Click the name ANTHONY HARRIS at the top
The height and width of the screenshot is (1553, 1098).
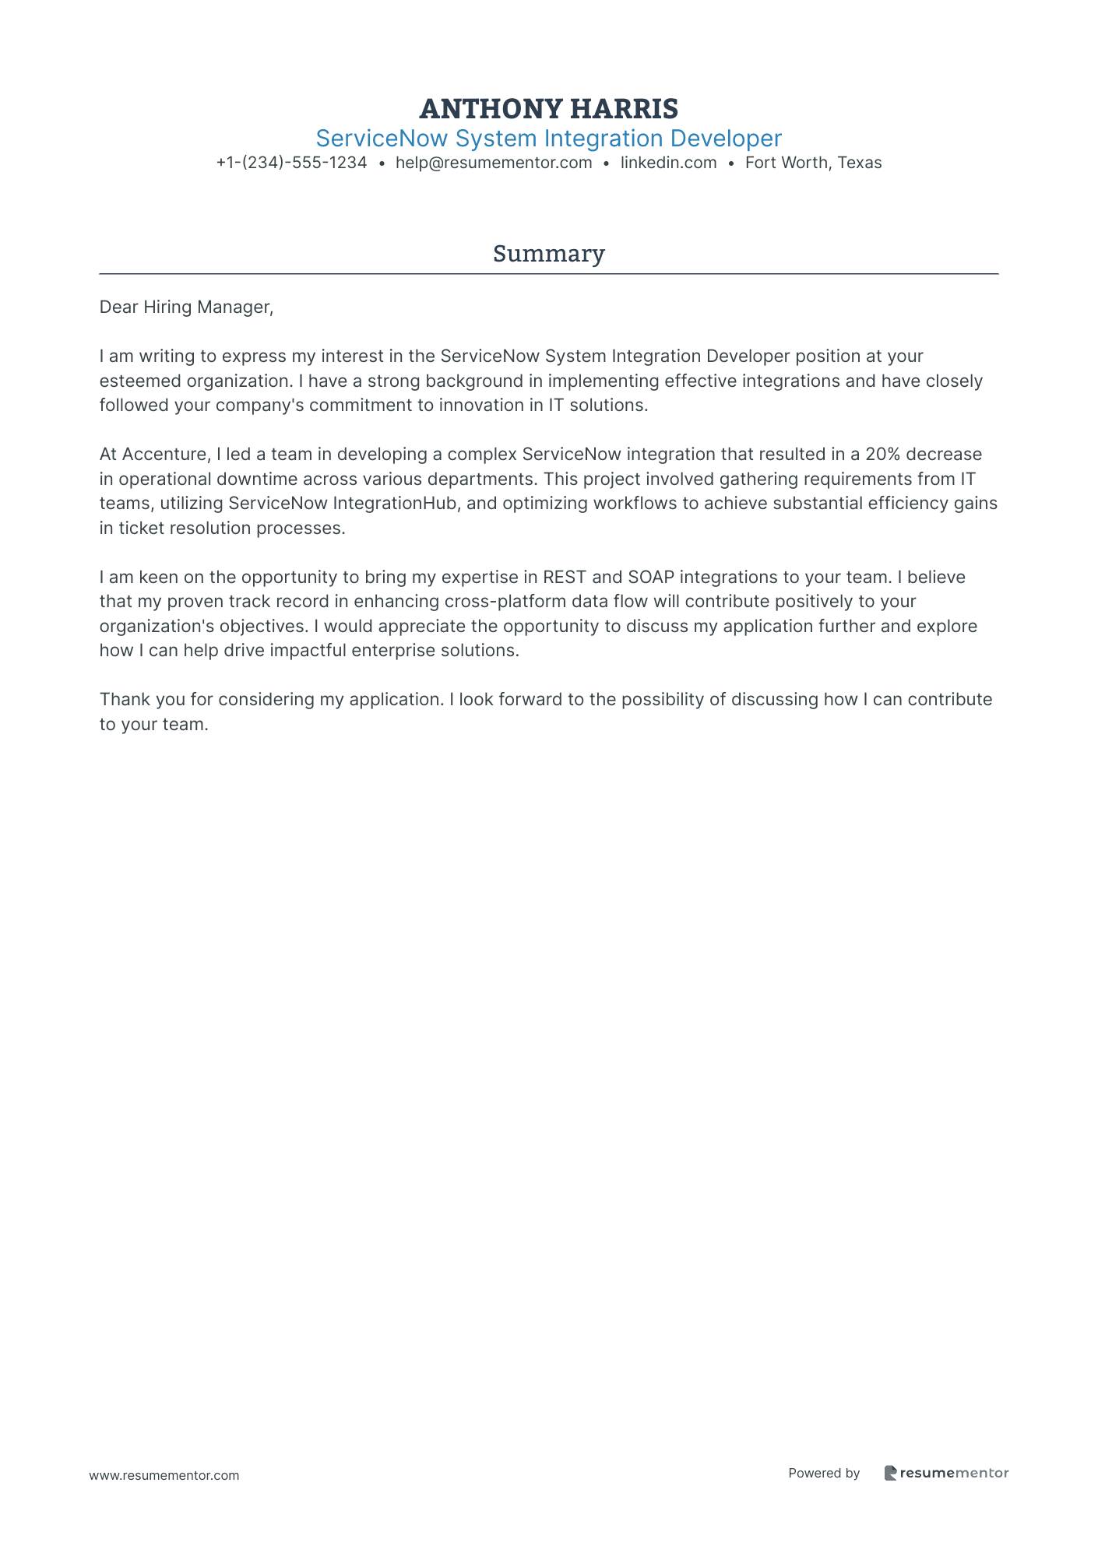pyautogui.click(x=548, y=108)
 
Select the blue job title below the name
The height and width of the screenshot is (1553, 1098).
pyautogui.click(x=548, y=139)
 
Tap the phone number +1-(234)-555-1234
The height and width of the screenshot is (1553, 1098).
pyautogui.click(x=291, y=163)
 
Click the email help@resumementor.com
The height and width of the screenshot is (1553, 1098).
pyautogui.click(x=494, y=163)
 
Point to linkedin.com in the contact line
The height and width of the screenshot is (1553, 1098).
pyautogui.click(x=668, y=163)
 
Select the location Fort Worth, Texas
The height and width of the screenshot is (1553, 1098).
pyautogui.click(x=813, y=163)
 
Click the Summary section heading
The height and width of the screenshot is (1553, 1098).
pyautogui.click(x=548, y=254)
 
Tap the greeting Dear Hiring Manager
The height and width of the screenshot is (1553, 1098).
pyautogui.click(x=186, y=307)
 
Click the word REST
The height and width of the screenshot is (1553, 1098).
pyautogui.click(x=565, y=577)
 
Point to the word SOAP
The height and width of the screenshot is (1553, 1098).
pyautogui.click(x=650, y=577)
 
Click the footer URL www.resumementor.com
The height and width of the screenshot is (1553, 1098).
pyautogui.click(x=164, y=1475)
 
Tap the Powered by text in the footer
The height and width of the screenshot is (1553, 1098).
pyautogui.click(x=823, y=1473)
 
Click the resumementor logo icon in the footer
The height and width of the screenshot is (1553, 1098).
pyautogui.click(x=890, y=1473)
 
